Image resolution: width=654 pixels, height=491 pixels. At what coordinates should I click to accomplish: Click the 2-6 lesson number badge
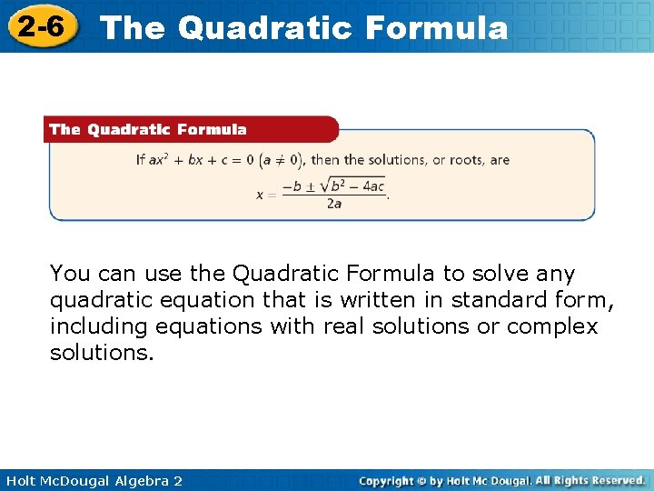pos(39,26)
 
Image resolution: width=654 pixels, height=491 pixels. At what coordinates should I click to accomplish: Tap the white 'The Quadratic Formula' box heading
pos(148,129)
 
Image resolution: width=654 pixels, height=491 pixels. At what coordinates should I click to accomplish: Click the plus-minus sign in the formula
pos(312,185)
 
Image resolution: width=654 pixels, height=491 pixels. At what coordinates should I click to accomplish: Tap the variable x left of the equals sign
pos(260,195)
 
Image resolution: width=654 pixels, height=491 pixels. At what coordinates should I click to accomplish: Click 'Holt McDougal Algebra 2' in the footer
pos(92,480)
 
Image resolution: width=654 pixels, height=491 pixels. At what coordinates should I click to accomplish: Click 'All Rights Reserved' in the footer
pos(590,479)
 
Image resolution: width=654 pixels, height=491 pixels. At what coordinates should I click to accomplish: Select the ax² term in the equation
pos(161,160)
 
